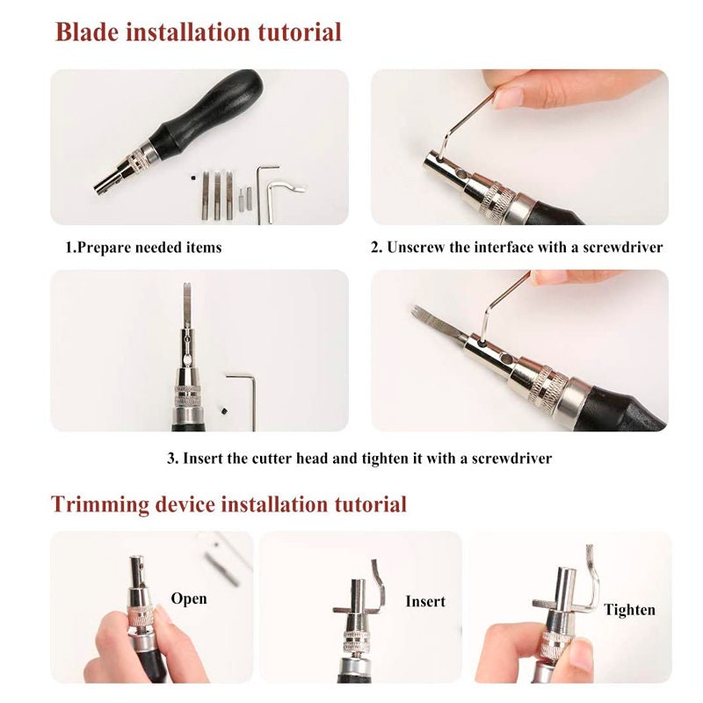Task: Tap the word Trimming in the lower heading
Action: pos(100,504)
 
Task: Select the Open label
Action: pos(189,599)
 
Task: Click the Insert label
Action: pos(425,601)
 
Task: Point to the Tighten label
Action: pos(629,610)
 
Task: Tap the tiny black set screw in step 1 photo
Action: pos(192,178)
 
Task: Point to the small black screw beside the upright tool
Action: pos(224,410)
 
